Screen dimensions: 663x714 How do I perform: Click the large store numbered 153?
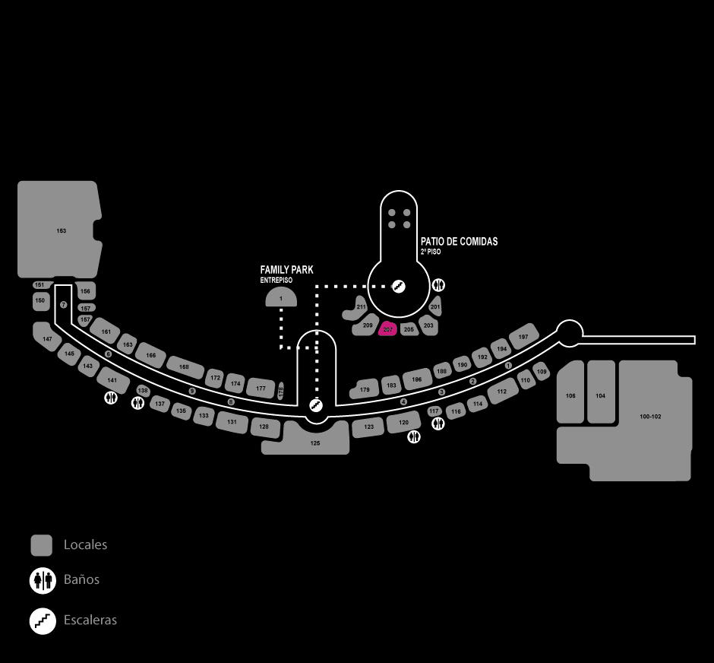(59, 230)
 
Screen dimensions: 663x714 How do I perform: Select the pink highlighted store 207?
(388, 328)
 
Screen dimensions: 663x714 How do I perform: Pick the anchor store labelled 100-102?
(652, 417)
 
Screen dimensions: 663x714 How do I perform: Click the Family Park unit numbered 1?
(280, 298)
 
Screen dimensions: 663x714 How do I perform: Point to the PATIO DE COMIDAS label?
(459, 242)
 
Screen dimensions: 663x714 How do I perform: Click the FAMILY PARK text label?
(286, 270)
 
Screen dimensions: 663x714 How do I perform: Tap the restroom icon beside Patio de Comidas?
(439, 285)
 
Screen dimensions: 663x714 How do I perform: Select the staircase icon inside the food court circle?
(398, 286)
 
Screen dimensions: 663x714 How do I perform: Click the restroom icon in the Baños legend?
(42, 580)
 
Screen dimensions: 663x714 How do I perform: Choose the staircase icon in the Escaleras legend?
(42, 620)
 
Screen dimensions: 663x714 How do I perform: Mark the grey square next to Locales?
(41, 545)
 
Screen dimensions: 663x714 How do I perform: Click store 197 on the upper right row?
(523, 336)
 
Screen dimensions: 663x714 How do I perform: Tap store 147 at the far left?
(48, 338)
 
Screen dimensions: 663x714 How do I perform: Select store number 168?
(184, 366)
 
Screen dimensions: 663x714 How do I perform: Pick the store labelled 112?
(501, 392)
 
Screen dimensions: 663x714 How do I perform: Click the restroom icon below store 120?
(415, 436)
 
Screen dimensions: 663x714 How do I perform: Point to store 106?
(570, 395)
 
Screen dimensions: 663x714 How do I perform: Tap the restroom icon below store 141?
(111, 397)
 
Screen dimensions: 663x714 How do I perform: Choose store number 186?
(416, 379)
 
